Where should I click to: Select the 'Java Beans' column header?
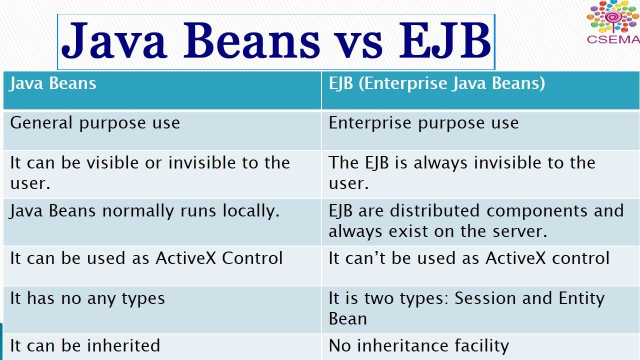(x=53, y=83)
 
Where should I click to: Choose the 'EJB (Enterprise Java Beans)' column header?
(x=436, y=83)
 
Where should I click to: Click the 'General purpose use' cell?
(x=95, y=123)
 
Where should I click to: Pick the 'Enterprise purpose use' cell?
(x=423, y=123)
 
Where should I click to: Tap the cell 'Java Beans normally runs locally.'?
(x=144, y=210)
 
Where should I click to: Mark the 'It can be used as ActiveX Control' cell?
(x=146, y=258)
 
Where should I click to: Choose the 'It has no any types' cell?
(x=87, y=298)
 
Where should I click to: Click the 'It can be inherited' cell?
(x=85, y=345)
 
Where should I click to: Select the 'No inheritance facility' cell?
(x=418, y=345)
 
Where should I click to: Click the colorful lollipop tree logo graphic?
(x=613, y=17)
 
